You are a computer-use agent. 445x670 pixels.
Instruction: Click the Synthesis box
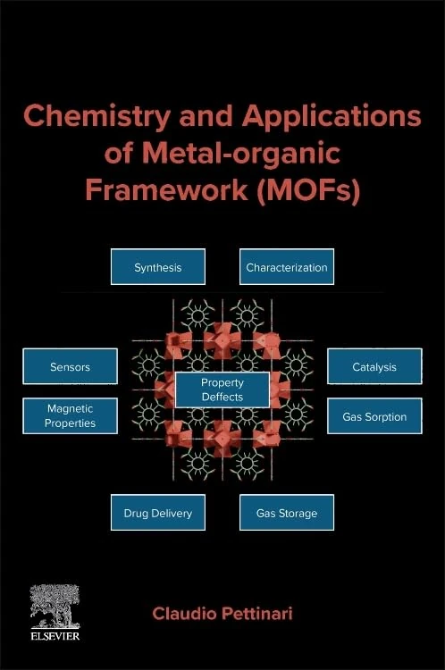coord(157,267)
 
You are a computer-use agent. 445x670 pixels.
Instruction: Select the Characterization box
coord(286,267)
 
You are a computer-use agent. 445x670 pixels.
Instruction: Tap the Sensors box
coord(70,366)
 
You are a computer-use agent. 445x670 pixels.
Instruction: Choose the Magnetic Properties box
coord(70,415)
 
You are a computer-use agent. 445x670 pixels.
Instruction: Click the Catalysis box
coord(374,366)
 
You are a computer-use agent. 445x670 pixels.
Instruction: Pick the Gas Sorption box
coord(374,416)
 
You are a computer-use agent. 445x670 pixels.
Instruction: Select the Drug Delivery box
coord(157,513)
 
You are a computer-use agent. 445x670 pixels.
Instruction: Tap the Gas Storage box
coord(286,513)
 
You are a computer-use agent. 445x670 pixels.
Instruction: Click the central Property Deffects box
coord(222,389)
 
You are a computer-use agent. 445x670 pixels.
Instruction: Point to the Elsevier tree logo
coord(55,605)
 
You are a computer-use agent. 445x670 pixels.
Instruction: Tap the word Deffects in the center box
coord(222,397)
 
